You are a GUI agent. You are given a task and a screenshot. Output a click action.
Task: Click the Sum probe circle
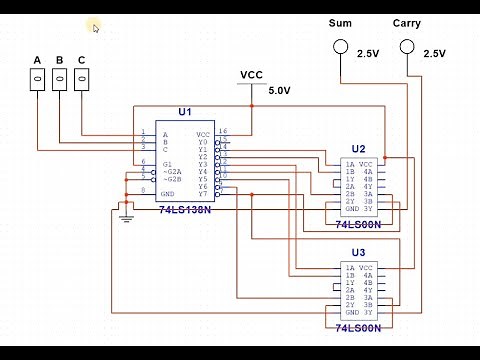click(x=341, y=47)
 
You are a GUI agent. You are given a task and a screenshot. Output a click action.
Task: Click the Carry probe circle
click(x=407, y=47)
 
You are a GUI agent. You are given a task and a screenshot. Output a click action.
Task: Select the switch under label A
click(x=38, y=79)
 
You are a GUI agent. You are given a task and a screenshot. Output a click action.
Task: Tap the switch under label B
click(x=59, y=79)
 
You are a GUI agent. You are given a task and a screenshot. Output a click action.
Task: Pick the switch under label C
click(x=81, y=79)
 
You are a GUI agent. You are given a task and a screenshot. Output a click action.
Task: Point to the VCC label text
click(x=251, y=75)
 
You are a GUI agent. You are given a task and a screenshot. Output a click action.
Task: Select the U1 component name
click(x=184, y=112)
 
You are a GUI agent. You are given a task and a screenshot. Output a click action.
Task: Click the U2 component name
click(x=358, y=149)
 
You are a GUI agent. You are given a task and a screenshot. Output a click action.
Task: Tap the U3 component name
click(x=358, y=252)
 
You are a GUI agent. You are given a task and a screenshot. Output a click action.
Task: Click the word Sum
click(x=340, y=22)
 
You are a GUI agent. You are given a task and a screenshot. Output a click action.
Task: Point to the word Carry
click(x=407, y=22)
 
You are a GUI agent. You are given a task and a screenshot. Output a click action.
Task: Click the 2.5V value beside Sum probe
click(x=367, y=54)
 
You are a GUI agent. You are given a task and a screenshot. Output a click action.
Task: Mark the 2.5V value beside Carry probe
click(x=434, y=54)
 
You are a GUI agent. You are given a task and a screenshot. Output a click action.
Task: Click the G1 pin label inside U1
click(x=167, y=162)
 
